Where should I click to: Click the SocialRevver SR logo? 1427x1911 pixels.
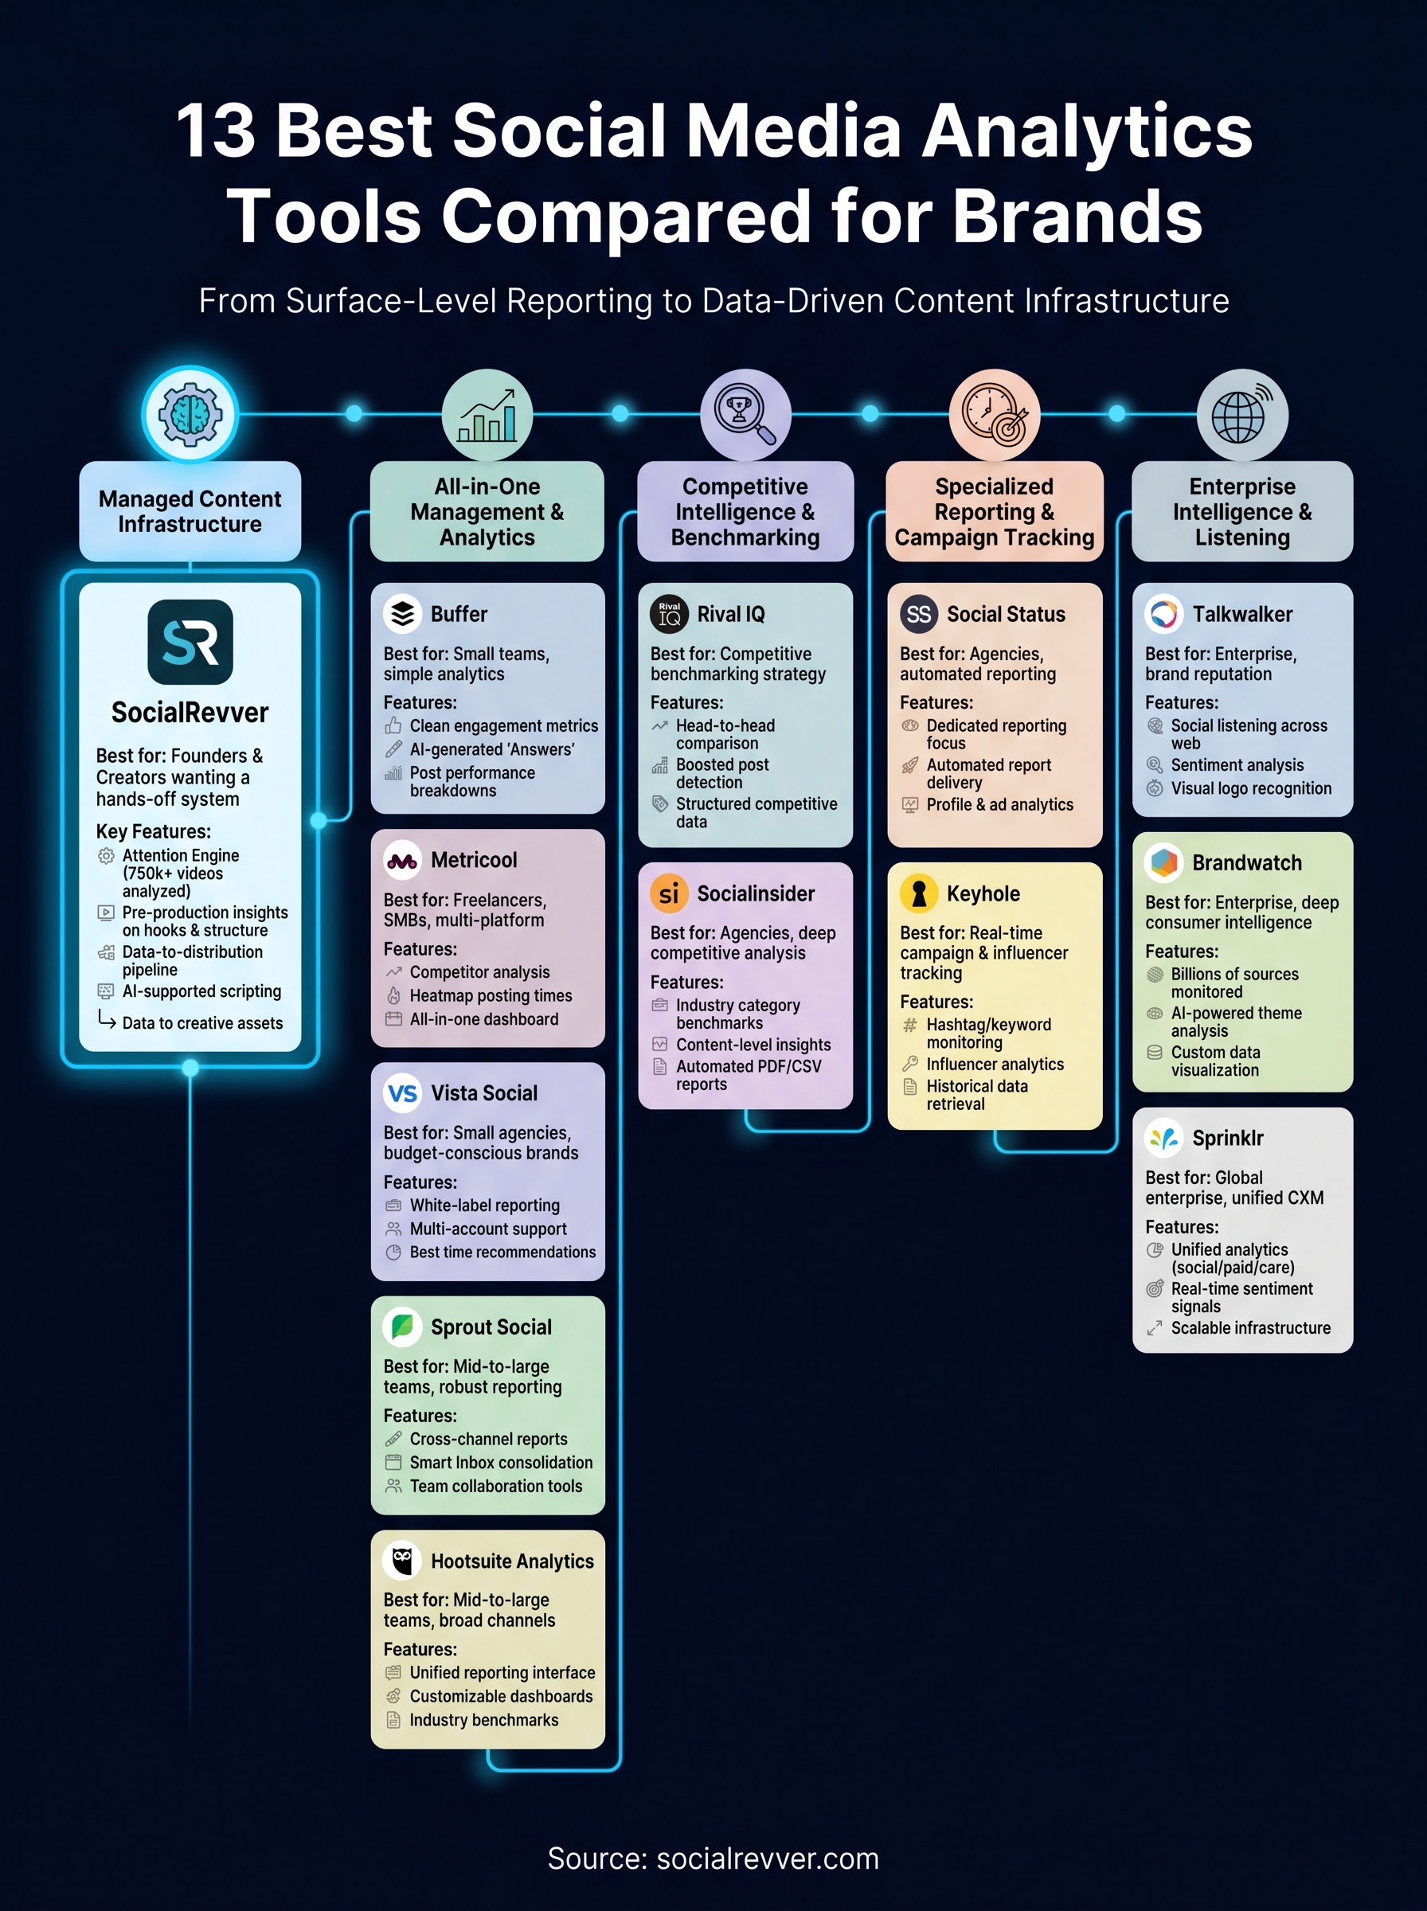tap(190, 642)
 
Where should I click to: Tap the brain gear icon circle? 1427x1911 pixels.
tap(190, 415)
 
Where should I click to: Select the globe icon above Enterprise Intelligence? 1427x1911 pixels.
tap(1241, 415)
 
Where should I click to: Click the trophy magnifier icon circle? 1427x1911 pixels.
tap(745, 415)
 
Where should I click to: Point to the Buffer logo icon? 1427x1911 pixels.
tap(402, 614)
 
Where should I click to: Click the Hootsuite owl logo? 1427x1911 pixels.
tap(402, 1561)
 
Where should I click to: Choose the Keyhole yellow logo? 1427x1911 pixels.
tap(918, 893)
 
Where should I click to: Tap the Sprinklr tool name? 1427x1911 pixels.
tap(1227, 1138)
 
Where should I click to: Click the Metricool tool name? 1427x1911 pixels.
tap(473, 860)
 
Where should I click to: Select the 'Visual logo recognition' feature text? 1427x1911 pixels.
tap(1250, 788)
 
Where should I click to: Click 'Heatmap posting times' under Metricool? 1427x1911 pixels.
tap(490, 995)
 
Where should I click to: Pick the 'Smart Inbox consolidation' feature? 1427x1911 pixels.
tap(500, 1462)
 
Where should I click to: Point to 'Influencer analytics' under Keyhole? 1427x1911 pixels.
tap(995, 1064)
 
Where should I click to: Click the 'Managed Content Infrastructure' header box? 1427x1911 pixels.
tap(190, 511)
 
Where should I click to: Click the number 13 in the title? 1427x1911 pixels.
tap(215, 131)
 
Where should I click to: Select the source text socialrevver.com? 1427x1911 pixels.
tap(767, 1858)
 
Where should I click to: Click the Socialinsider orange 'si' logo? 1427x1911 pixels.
tap(669, 893)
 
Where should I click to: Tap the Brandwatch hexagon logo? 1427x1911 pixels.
tap(1163, 862)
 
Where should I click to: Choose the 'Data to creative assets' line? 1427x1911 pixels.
tap(202, 1022)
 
